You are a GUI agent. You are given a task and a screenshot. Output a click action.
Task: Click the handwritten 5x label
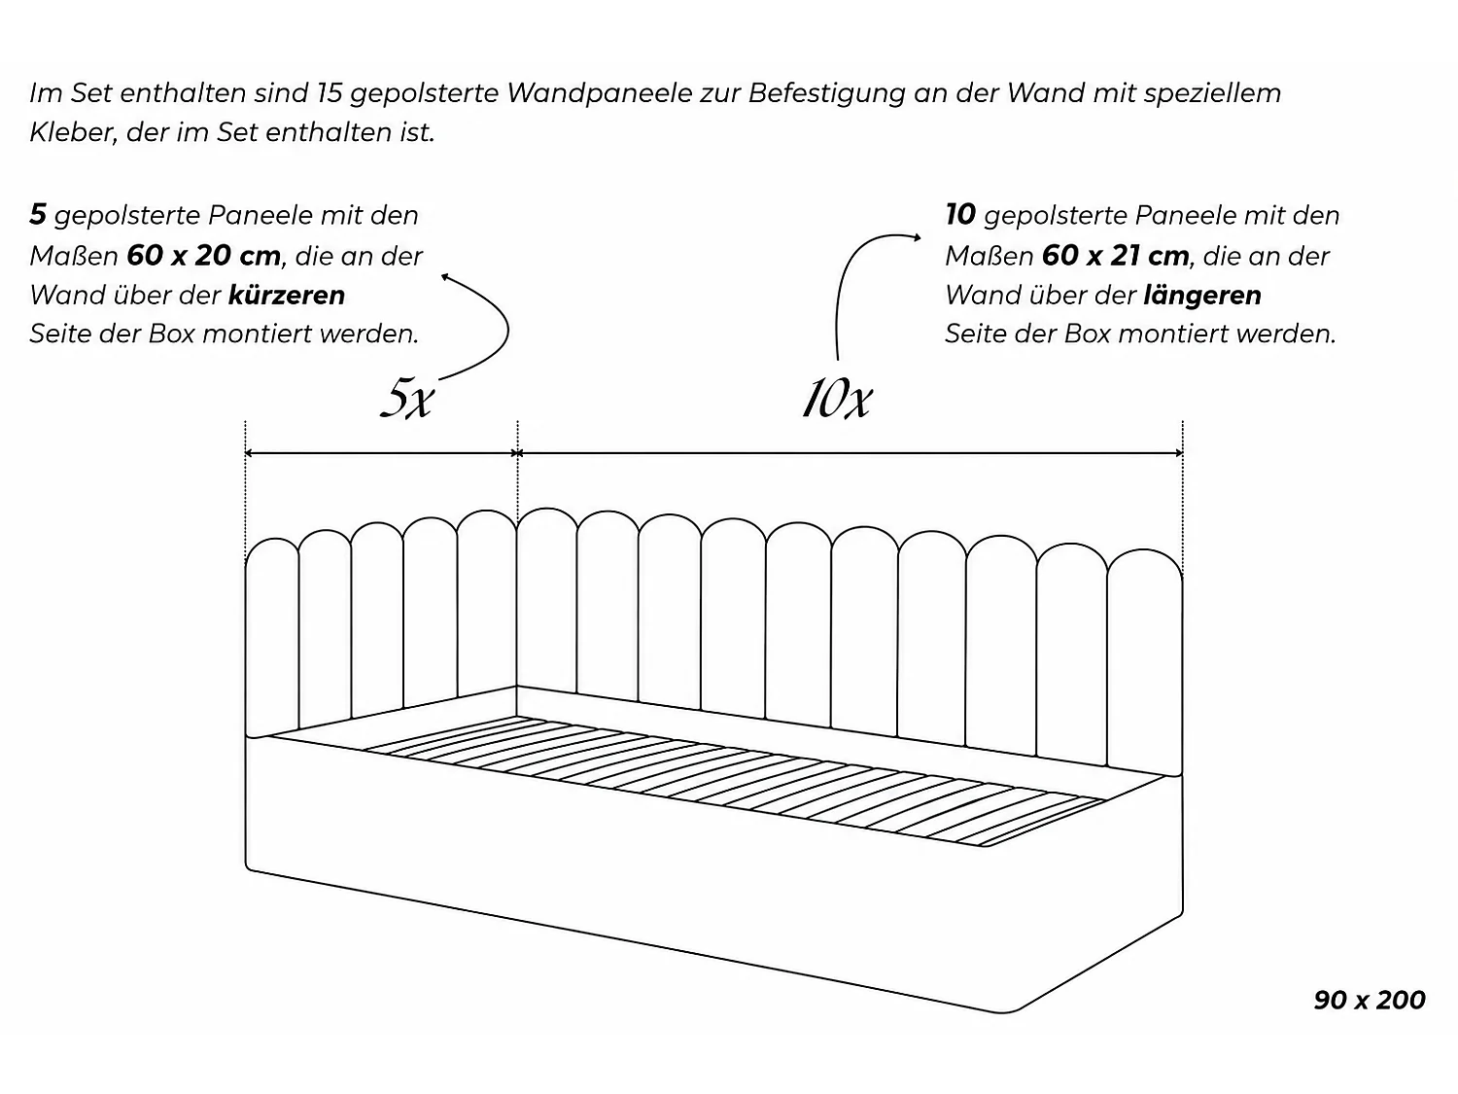tap(407, 400)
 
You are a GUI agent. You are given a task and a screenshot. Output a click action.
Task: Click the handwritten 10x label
tap(836, 399)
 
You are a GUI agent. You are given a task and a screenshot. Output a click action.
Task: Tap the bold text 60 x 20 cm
tap(204, 256)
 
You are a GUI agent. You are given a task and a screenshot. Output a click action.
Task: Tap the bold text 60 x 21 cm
tap(1115, 256)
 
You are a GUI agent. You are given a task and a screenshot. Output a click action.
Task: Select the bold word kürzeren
tap(287, 295)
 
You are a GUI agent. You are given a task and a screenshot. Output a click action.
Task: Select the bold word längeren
tap(1202, 295)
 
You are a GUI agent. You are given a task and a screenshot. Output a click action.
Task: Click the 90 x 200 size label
tap(1369, 1000)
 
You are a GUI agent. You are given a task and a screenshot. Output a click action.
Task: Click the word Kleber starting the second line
tap(73, 133)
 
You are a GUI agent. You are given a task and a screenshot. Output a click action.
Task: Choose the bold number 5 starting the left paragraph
tap(38, 215)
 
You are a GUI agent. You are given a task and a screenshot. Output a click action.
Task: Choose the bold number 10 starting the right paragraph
tap(959, 215)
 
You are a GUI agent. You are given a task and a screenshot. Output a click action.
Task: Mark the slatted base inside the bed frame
tap(731, 781)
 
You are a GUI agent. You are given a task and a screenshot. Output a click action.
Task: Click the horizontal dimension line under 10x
tap(850, 454)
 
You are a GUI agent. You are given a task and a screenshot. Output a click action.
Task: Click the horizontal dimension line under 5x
tap(381, 454)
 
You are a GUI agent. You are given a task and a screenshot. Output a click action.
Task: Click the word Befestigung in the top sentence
tap(826, 93)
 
